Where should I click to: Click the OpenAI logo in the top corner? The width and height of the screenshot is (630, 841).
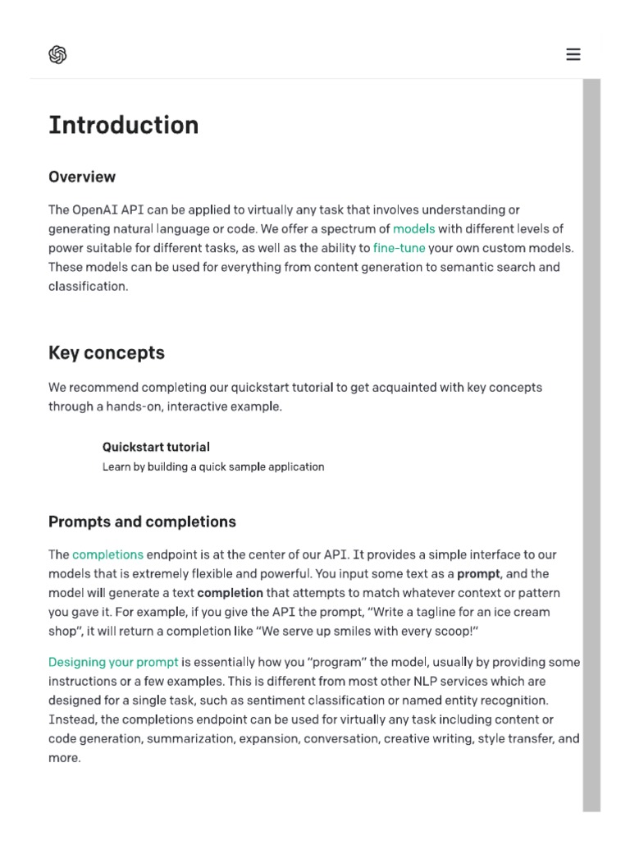point(57,55)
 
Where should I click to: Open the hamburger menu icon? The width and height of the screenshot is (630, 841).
point(573,55)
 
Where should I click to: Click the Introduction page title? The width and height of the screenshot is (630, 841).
point(123,125)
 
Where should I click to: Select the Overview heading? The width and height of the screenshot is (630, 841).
point(82,177)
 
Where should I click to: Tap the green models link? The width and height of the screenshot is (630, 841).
point(413,228)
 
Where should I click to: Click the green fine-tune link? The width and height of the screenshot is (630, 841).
point(399,247)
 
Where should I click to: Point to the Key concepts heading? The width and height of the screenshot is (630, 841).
point(107,352)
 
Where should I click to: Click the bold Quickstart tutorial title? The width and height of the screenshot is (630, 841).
point(156,447)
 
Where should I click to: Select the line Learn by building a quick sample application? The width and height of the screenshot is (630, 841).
point(213,466)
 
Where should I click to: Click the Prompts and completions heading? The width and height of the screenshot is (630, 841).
point(142,522)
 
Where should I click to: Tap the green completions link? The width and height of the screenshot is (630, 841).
point(107,554)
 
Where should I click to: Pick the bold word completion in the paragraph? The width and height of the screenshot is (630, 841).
point(230,592)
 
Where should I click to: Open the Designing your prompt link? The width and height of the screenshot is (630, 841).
point(113,662)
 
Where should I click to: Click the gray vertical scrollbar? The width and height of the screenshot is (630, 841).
point(591,443)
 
